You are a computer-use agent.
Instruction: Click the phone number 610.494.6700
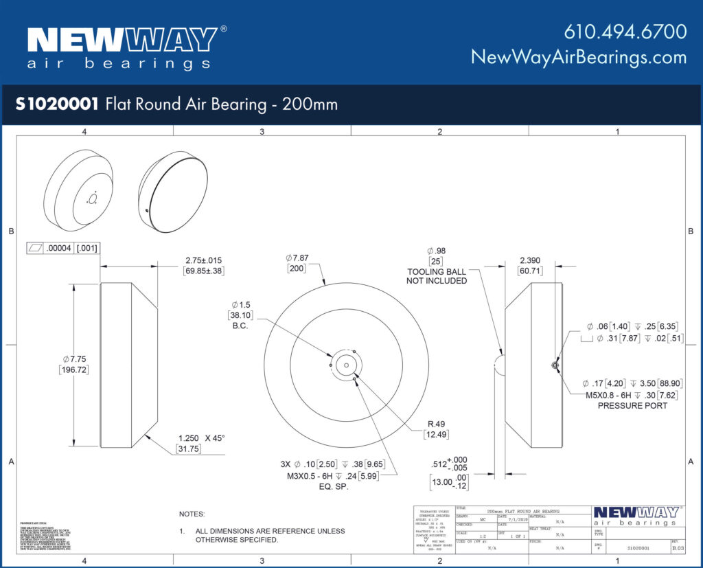coord(625,32)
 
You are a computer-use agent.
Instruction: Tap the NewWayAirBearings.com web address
coord(579,57)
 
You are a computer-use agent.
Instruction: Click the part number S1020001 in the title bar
coord(57,104)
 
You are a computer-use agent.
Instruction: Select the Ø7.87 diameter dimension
coord(297,258)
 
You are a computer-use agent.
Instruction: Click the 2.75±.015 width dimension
coord(203,260)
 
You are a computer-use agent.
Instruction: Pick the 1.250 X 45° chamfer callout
coord(202,438)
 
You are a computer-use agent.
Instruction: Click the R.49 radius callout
coord(436,424)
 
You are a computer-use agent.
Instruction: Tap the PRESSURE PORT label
coord(632,405)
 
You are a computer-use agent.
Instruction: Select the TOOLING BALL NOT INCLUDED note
coord(437,276)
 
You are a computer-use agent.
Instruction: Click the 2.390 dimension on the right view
coord(531,260)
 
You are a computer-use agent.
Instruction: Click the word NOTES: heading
coord(192,514)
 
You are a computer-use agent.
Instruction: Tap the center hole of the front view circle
coord(347,365)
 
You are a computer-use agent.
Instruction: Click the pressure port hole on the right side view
coord(555,365)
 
